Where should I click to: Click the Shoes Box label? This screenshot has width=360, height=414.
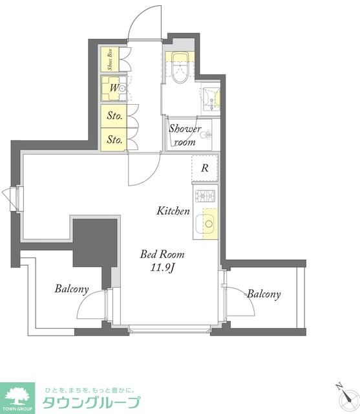tap(110, 60)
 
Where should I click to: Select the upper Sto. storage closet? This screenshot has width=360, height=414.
tap(114, 116)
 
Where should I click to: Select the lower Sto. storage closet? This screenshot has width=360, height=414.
tap(114, 140)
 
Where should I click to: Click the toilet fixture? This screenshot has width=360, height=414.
tap(180, 67)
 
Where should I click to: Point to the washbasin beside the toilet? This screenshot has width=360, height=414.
tap(211, 100)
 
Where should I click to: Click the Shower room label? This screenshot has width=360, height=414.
tap(185, 135)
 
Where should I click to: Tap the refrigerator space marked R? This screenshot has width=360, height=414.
tap(205, 168)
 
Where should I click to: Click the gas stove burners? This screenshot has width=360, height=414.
tap(205, 196)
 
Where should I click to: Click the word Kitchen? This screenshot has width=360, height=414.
tap(173, 211)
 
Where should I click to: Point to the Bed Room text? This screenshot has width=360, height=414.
tap(162, 254)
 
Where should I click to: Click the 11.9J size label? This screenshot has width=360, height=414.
tap(162, 268)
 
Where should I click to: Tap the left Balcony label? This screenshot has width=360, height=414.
tap(72, 289)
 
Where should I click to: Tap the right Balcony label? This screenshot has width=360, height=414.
tap(264, 294)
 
